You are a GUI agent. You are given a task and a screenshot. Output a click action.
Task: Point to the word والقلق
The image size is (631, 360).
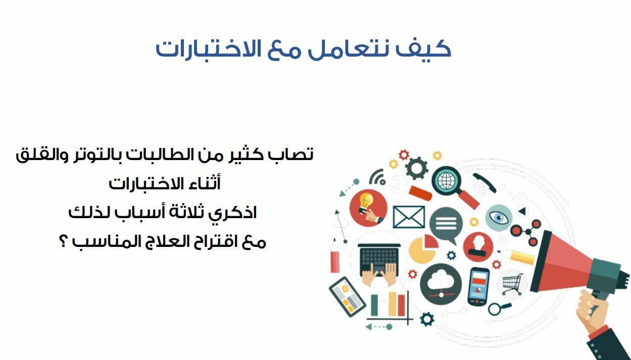pyautogui.click(x=42, y=156)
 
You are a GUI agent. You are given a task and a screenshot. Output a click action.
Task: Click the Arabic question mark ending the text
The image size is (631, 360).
pyautogui.click(x=63, y=241)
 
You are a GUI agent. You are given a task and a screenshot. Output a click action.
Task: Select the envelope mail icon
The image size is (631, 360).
pyautogui.click(x=409, y=217)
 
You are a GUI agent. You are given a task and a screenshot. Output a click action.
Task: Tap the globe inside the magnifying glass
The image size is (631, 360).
pyautogui.click(x=446, y=181)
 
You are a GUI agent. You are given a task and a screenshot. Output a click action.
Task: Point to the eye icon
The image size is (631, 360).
pyautogui.click(x=499, y=218)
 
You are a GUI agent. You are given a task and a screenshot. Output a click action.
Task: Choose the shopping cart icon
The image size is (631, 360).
pyautogui.click(x=513, y=284)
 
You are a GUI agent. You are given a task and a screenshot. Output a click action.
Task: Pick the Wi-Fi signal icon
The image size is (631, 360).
pyautogui.click(x=377, y=177)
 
